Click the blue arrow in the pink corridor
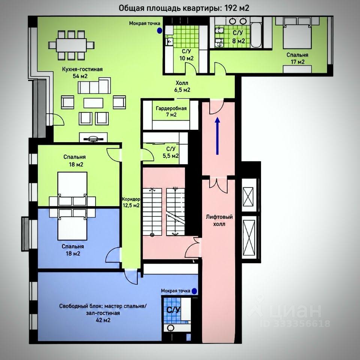click(217, 136)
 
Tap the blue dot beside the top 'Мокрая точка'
click(159, 30)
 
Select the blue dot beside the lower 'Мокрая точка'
click(194, 291)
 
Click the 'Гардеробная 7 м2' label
click(171, 111)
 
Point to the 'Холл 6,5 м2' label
click(182, 86)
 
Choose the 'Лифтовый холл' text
click(219, 220)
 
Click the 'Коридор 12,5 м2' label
click(130, 202)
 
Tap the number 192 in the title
click(231, 8)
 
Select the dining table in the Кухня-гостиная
click(71, 45)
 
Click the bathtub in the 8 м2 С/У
click(256, 35)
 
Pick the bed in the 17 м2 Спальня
click(297, 33)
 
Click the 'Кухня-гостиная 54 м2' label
click(82, 72)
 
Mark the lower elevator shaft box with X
click(249, 237)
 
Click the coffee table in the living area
click(93, 103)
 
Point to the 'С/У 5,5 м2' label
click(171, 152)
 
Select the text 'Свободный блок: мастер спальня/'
click(103, 306)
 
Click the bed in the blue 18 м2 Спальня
click(72, 225)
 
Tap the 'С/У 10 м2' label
click(186, 55)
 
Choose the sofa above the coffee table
click(94, 85)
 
